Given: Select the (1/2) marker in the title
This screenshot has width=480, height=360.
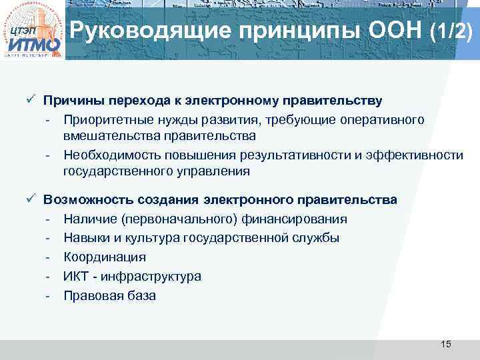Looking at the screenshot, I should (453, 31).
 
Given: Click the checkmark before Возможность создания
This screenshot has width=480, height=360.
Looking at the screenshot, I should (30, 199).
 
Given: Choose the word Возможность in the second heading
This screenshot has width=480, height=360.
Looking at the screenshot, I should (87, 199).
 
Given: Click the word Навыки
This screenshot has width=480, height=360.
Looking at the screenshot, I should (86, 237).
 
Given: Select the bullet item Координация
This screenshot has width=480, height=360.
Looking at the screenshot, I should (104, 257).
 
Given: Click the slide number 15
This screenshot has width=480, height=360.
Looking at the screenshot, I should (446, 344).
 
